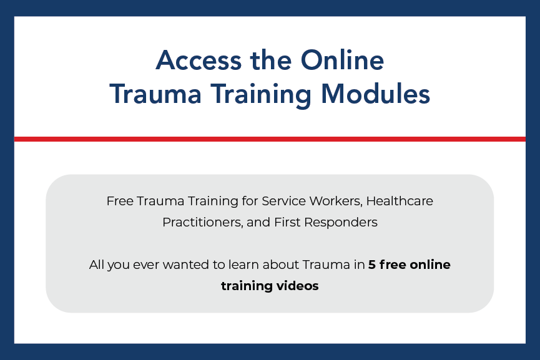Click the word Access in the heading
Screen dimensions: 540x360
[x=199, y=61]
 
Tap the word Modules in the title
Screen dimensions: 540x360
[x=375, y=94]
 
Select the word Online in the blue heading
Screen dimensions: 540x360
[x=342, y=61]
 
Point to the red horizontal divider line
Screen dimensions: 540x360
[x=270, y=139]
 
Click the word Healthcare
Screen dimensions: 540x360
[x=400, y=201]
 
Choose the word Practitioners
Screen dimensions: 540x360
[x=203, y=222]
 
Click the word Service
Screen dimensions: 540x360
[x=284, y=201]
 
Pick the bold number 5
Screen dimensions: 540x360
[x=372, y=265]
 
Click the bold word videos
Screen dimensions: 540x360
[x=298, y=286]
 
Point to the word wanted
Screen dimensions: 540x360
[x=185, y=265]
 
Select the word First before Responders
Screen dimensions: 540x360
[x=288, y=222]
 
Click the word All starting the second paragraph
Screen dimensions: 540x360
[x=96, y=265]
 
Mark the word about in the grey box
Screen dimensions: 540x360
[x=281, y=265]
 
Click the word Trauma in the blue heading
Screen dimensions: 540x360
[x=155, y=94]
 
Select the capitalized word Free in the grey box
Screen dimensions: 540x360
[x=120, y=201]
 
